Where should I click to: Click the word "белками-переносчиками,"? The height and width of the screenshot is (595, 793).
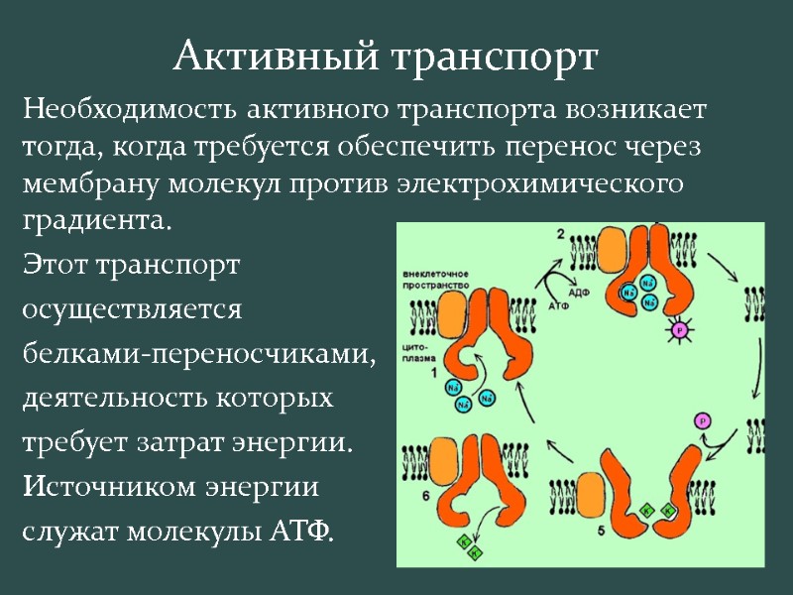pos(199,354)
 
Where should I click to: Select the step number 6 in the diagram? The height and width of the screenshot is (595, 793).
pos(425,493)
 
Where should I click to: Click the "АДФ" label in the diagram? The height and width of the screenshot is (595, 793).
pos(580,294)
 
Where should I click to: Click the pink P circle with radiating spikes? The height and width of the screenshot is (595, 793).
pos(679,330)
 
